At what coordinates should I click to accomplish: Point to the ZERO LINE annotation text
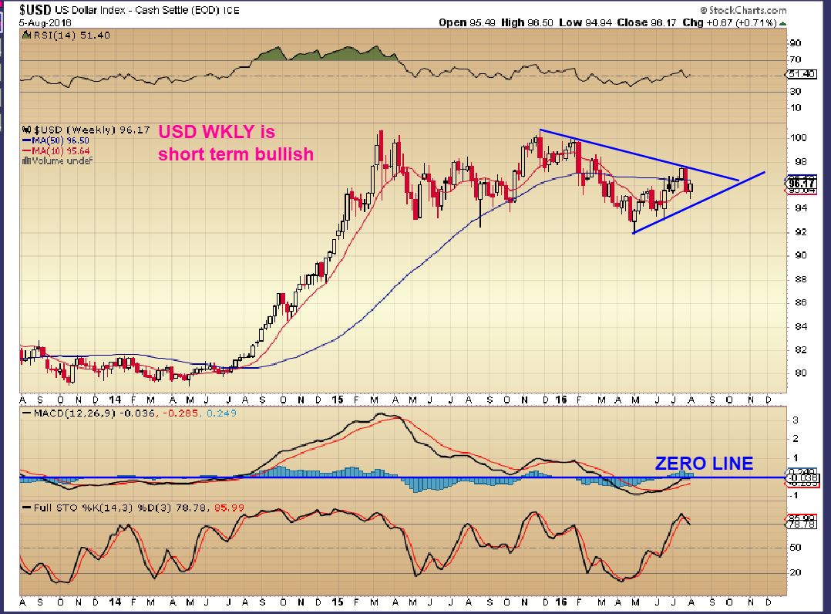[704, 464]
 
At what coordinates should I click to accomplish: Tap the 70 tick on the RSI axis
[796, 59]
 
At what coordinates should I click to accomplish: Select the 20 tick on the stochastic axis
[796, 572]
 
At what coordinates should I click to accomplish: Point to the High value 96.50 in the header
[537, 22]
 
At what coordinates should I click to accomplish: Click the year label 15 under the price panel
[337, 401]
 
